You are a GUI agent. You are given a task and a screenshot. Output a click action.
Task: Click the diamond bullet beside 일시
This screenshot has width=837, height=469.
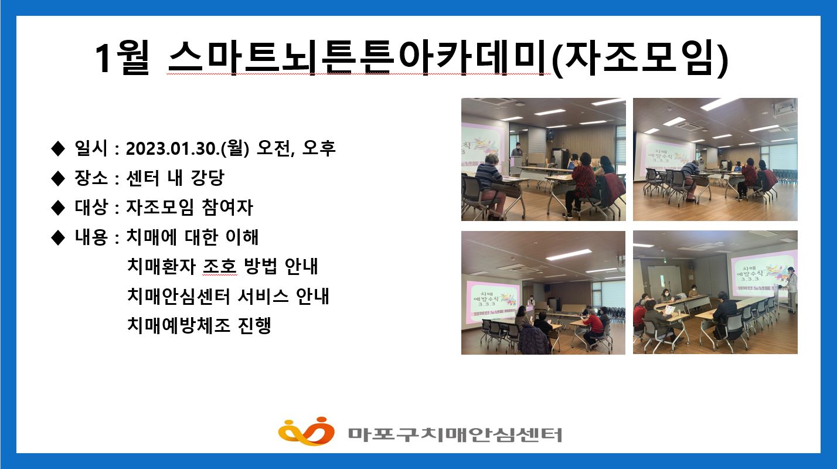point(57,149)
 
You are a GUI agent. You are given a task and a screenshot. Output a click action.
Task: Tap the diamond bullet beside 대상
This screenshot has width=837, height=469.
point(57,208)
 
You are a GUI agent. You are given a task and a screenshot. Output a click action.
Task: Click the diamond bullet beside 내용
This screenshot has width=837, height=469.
point(57,237)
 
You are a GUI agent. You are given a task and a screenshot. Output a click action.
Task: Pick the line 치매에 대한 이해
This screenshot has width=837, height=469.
point(192,237)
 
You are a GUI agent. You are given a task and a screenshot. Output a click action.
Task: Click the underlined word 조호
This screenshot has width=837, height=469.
point(219,267)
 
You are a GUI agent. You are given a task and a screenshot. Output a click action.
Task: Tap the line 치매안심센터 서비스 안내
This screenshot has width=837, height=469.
point(227,296)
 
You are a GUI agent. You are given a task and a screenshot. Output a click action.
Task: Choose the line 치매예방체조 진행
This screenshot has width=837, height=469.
point(199,325)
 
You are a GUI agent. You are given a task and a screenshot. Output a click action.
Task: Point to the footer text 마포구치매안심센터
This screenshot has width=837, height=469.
point(454,434)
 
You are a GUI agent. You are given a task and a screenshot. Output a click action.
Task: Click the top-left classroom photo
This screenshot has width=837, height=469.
point(543,159)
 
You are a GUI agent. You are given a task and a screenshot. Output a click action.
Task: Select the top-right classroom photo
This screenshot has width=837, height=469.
point(715,159)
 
